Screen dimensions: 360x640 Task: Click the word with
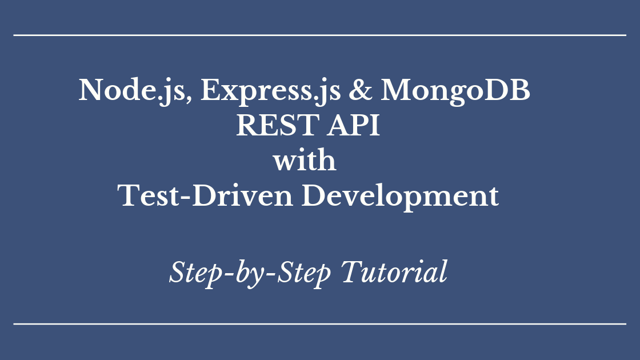pyautogui.click(x=304, y=161)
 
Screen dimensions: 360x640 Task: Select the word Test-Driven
pyautogui.click(x=205, y=197)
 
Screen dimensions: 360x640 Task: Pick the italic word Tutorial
pyautogui.click(x=394, y=272)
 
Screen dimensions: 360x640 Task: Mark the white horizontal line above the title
pyautogui.click(x=320, y=35)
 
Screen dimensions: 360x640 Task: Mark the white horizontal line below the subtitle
pyautogui.click(x=320, y=324)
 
